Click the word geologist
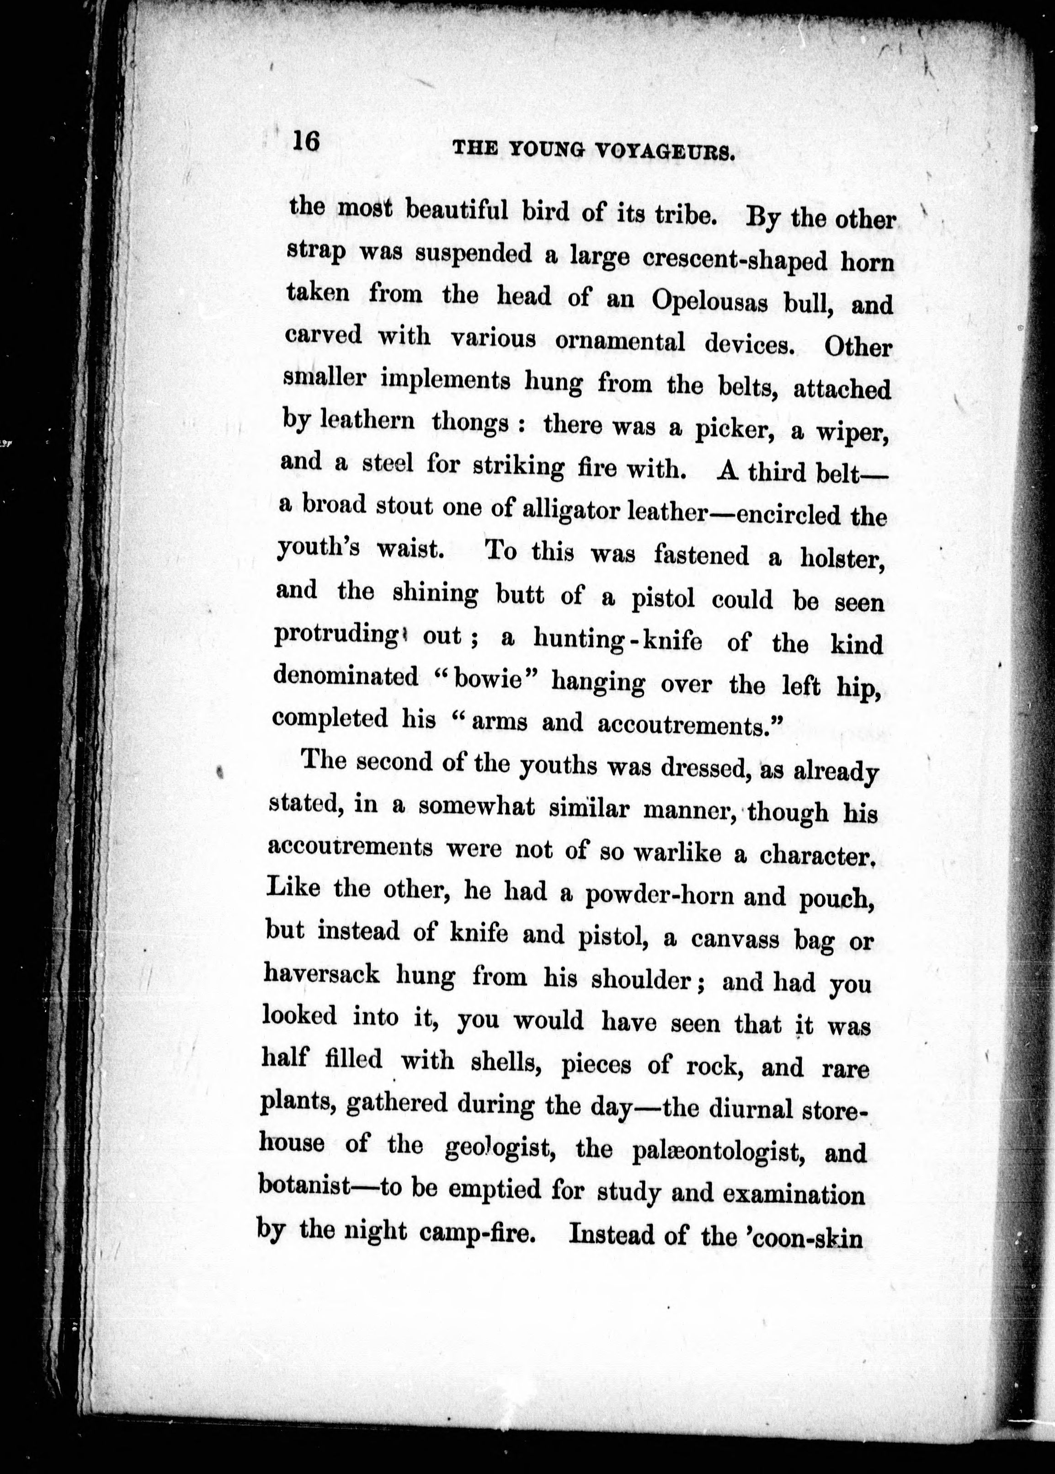499,1148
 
